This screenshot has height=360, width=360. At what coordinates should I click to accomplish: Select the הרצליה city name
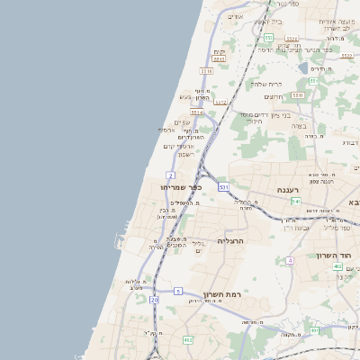232,241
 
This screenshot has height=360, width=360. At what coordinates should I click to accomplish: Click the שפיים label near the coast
181,122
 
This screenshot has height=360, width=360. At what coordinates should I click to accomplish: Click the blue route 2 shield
170,175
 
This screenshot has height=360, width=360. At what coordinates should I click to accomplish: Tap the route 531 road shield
223,187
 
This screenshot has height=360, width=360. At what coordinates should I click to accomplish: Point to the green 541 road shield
295,202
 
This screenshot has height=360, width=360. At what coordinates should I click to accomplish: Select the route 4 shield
290,261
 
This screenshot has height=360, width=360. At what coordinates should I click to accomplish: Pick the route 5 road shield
178,291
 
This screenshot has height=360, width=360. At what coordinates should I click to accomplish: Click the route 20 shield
154,298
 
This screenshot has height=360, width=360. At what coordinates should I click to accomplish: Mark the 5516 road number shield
206,70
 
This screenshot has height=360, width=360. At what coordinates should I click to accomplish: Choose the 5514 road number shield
197,112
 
